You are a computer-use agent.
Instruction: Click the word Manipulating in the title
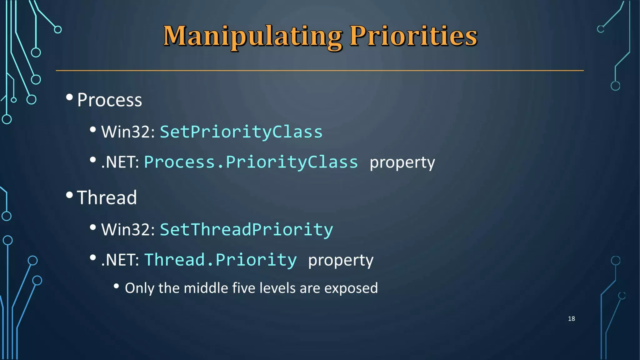[x=252, y=37]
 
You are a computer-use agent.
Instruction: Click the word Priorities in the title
[x=413, y=36]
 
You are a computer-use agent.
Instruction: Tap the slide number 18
[x=571, y=318]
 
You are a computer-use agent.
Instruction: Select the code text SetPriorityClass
[x=241, y=132]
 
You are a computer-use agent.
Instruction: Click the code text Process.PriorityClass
[x=251, y=162]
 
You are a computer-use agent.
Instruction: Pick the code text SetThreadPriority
[x=246, y=230]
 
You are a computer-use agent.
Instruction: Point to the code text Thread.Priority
[x=220, y=260]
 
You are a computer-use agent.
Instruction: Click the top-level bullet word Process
[x=109, y=100]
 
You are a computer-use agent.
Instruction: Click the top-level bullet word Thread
[x=107, y=198]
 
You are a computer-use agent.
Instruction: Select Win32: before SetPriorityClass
[x=128, y=132]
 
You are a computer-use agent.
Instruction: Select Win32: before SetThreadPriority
[x=128, y=230]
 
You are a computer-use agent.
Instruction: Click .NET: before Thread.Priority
[x=120, y=260]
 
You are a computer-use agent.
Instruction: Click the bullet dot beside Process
[x=69, y=97]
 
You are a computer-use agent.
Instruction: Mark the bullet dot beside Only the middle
[x=116, y=286]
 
